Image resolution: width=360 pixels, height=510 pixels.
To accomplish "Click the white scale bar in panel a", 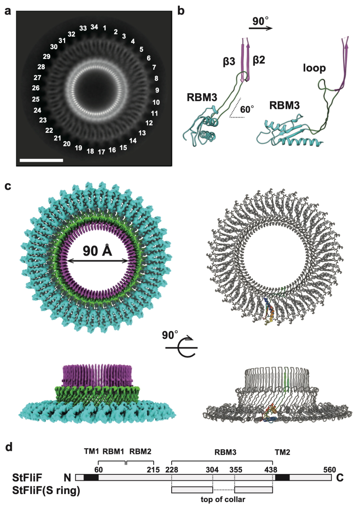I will [x=41, y=160].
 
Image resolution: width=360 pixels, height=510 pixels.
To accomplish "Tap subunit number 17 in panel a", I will [x=102, y=152].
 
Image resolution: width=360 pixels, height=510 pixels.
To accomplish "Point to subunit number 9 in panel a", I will [x=157, y=90].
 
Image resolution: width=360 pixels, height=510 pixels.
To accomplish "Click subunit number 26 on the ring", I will [x=36, y=88].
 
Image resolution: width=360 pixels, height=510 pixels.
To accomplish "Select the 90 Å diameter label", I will [x=98, y=250].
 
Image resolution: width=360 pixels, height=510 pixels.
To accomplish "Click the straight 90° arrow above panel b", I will [x=260, y=28].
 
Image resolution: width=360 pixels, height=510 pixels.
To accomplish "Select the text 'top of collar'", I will [x=223, y=499].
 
